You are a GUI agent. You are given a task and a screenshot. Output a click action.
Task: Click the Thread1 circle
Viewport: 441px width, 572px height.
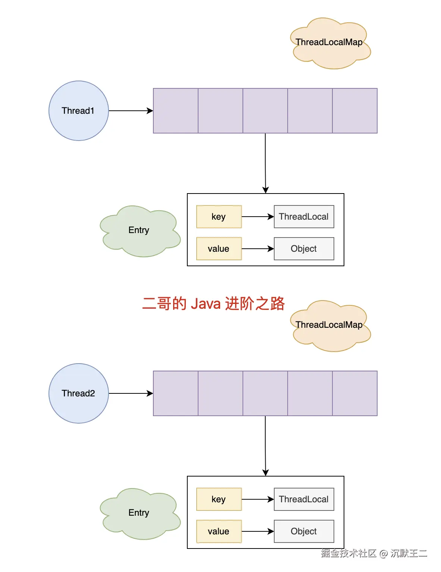[x=78, y=111]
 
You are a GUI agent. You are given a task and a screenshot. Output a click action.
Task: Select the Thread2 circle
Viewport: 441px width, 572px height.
[x=78, y=393]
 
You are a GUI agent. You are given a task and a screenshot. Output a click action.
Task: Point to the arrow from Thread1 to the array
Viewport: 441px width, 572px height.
[x=131, y=111]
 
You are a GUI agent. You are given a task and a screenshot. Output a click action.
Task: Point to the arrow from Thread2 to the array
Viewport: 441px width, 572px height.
[x=131, y=393]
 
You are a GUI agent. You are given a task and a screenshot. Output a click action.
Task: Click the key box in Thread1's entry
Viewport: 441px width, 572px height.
[x=219, y=217]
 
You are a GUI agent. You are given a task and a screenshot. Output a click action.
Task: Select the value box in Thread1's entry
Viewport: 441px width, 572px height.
[x=219, y=249]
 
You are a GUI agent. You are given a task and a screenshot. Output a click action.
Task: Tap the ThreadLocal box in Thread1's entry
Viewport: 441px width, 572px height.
[x=304, y=217]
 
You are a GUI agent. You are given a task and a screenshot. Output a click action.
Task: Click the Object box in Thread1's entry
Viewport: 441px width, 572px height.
[x=304, y=249]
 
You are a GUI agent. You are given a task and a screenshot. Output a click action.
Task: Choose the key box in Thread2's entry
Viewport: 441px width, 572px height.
[x=219, y=499]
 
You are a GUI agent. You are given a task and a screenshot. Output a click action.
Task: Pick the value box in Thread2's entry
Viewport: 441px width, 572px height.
[x=219, y=531]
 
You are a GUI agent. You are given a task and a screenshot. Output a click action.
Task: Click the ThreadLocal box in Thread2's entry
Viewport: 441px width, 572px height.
[x=304, y=499]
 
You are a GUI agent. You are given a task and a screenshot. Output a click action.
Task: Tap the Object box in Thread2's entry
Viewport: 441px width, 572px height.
[x=304, y=531]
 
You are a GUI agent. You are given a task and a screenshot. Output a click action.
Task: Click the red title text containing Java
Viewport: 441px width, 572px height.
[x=213, y=304]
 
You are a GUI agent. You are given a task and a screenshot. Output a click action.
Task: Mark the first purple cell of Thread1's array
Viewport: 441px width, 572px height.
[x=176, y=111]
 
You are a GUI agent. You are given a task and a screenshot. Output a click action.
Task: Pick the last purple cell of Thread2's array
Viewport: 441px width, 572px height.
[x=354, y=393]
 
